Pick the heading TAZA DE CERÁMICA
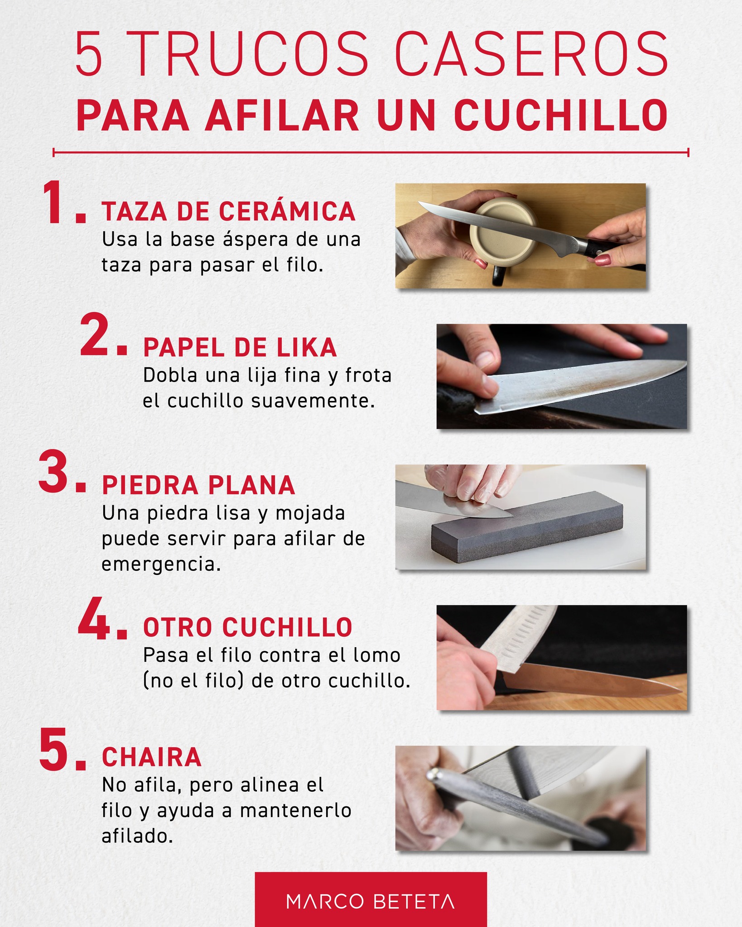tap(228, 211)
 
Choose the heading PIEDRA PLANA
tap(198, 485)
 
